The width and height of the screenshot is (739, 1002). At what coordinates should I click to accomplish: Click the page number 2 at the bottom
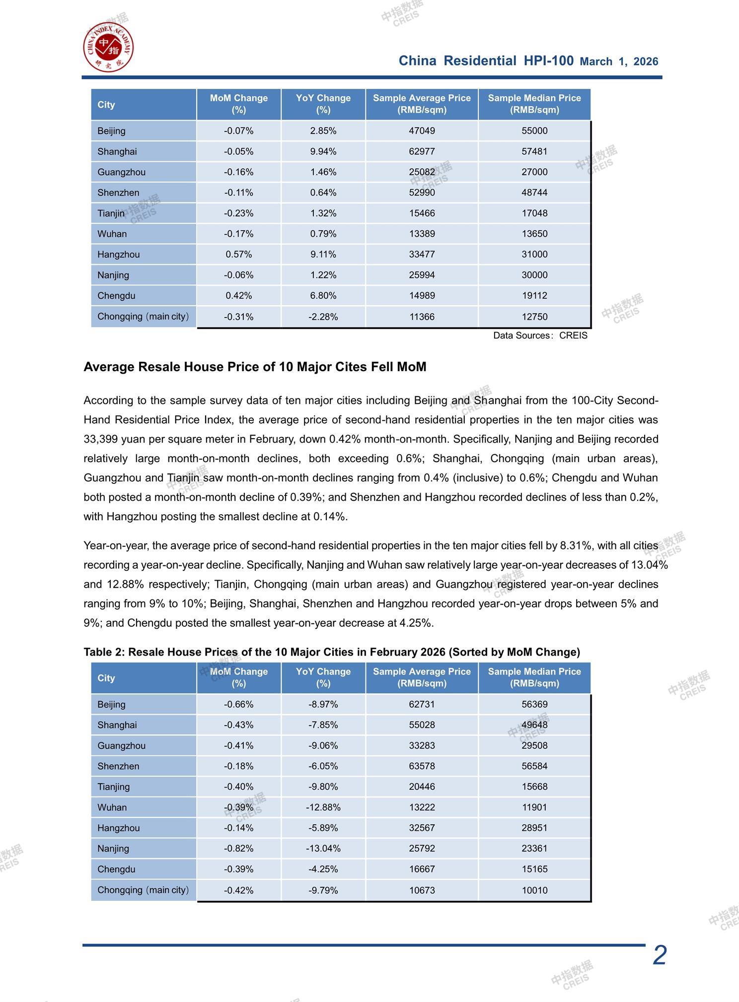(x=659, y=954)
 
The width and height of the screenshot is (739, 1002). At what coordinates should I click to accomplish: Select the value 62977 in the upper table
(x=422, y=151)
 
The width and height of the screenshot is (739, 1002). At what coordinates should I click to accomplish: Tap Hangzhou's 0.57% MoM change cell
(x=238, y=255)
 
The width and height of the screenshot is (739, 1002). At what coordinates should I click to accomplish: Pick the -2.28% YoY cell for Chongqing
(x=323, y=317)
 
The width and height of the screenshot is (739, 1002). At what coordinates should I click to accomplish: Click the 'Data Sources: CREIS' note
(x=540, y=335)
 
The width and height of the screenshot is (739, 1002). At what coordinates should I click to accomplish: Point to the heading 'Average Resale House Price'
(x=254, y=367)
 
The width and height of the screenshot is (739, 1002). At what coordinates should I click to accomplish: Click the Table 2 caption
(x=331, y=652)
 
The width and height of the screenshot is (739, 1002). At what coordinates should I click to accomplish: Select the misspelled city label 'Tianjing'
(x=114, y=787)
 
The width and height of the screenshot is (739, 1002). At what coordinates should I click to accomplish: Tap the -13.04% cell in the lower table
(x=323, y=849)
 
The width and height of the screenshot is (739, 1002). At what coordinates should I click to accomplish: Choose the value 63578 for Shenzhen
(x=422, y=766)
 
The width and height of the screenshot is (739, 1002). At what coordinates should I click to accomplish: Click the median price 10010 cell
(x=534, y=890)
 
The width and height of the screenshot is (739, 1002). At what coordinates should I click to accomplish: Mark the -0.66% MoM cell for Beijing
(x=238, y=704)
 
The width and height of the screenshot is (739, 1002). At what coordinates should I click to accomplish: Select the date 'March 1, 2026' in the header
(x=619, y=62)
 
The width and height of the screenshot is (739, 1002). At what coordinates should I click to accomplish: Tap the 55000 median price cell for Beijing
(x=534, y=131)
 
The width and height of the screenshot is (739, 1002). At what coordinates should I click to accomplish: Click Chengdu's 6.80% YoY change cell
(x=323, y=296)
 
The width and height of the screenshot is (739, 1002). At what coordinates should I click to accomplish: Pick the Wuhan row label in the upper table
(x=112, y=234)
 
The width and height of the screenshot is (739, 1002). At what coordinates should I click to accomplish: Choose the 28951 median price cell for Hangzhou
(x=534, y=828)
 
